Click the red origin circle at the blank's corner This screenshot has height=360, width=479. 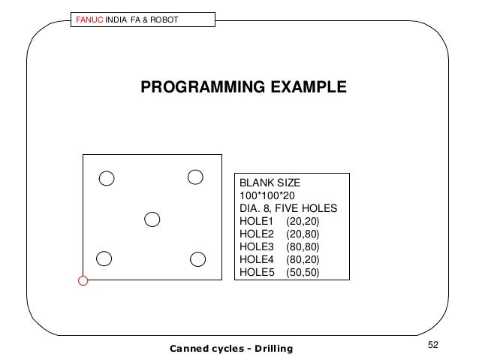coord(83,281)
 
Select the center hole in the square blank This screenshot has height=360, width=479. coord(152,219)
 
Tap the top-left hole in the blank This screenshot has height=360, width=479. coord(107,178)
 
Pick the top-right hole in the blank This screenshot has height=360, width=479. coord(195,177)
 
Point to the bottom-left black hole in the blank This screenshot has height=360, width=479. coord(104,258)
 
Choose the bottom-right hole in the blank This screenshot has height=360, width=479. coord(198,259)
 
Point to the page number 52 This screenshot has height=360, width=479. coord(432,344)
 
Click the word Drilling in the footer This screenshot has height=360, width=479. coord(268,348)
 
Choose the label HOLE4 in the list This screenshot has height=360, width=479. coord(255,259)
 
